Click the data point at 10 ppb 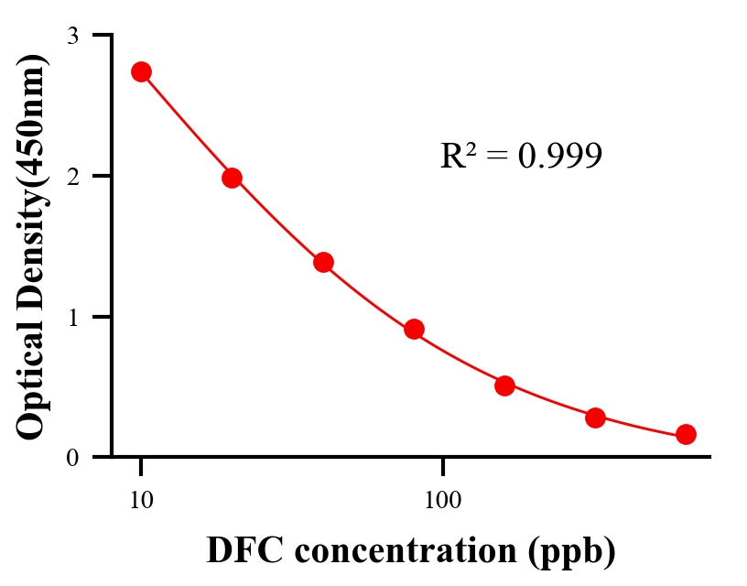tap(141, 71)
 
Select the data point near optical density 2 tap(232, 178)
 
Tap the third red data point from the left tap(323, 262)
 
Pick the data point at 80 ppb tap(414, 329)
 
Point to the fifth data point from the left tap(504, 385)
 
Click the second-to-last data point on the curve tap(595, 418)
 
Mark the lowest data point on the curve tap(686, 434)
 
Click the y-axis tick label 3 tap(73, 36)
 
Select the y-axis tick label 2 tap(73, 176)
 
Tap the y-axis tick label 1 tap(73, 317)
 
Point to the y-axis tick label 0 tap(73, 457)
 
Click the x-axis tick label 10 tap(141, 500)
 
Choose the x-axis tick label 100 tap(443, 500)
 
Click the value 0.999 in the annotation tap(559, 157)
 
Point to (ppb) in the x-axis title tap(572, 552)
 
